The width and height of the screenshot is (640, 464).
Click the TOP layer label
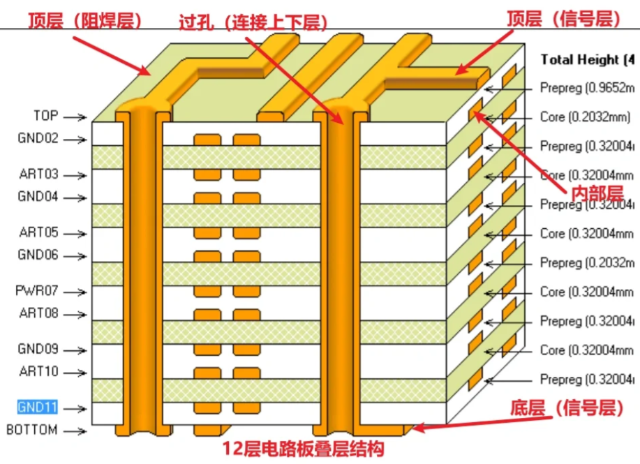click(46, 116)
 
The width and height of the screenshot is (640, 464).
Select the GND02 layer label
click(38, 138)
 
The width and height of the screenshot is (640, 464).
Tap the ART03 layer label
click(38, 174)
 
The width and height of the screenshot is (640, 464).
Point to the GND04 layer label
click(38, 197)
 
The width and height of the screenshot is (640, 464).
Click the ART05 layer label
click(38, 233)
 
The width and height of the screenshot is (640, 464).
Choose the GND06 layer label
click(38, 255)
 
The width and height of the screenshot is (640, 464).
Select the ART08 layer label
click(38, 313)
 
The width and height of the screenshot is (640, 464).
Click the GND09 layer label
click(38, 349)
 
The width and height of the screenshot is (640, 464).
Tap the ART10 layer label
click(38, 372)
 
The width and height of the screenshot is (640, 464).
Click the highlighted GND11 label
click(38, 407)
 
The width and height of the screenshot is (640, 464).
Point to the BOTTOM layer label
click(32, 430)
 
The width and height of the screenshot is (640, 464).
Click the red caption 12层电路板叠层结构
click(304, 448)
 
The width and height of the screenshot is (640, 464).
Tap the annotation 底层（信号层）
click(565, 409)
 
